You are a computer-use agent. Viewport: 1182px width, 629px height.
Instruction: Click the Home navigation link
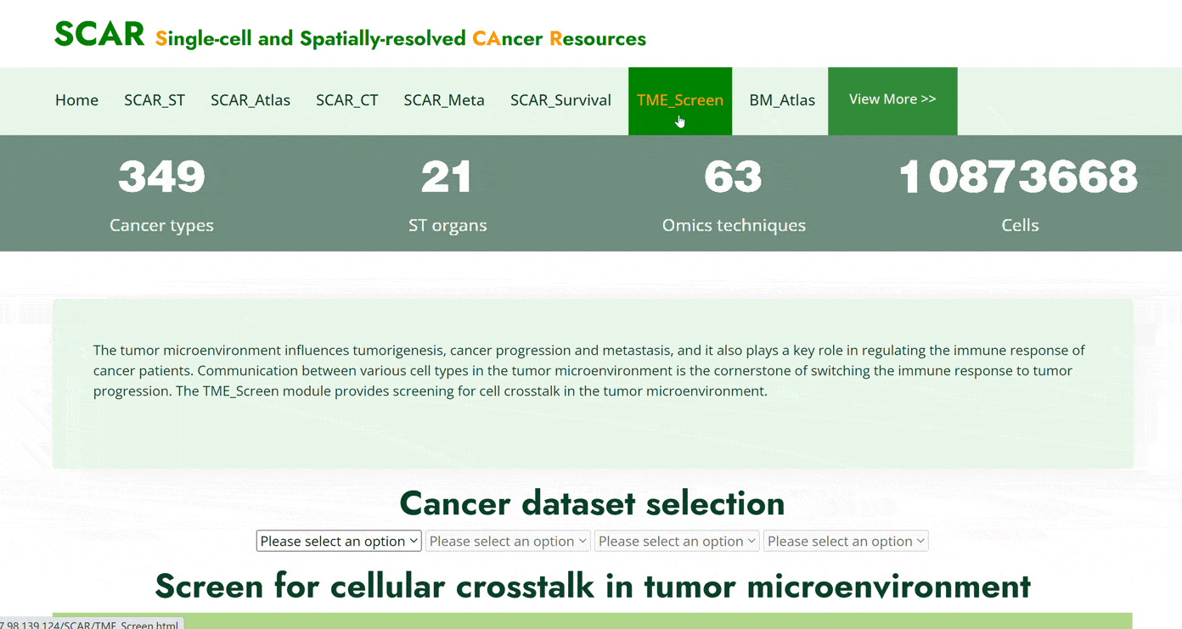coord(76,100)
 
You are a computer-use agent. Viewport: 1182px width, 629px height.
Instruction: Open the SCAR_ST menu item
coord(155,100)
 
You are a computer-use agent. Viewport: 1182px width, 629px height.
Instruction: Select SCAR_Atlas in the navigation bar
coord(250,100)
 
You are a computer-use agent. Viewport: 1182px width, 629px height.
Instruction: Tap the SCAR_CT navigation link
coord(346,100)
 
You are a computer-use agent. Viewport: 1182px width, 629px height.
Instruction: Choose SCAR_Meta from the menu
coord(444,100)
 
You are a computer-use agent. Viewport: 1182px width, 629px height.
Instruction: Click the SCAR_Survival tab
coord(560,100)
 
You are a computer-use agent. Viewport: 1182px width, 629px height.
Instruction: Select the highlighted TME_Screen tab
coord(679,100)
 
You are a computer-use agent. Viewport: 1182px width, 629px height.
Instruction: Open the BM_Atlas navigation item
coord(782,100)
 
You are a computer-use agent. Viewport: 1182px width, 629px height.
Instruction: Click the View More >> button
coord(892,101)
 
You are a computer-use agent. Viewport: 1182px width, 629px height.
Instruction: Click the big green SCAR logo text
coord(99,34)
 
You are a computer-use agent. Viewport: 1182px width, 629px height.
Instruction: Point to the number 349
coord(161,177)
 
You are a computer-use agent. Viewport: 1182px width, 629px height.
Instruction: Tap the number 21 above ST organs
coord(447,177)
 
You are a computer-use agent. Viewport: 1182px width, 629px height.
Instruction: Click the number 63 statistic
coord(734,177)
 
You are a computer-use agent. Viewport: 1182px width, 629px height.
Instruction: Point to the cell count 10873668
coord(1019,177)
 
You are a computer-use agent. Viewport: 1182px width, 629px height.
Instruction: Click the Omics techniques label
coord(734,225)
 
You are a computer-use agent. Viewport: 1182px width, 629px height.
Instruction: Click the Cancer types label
coord(161,225)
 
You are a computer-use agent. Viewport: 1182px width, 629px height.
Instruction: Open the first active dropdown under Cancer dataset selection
coord(339,541)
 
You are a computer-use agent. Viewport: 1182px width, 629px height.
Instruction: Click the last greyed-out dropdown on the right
coord(846,541)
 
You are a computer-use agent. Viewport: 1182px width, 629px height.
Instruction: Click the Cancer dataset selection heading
coord(592,503)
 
